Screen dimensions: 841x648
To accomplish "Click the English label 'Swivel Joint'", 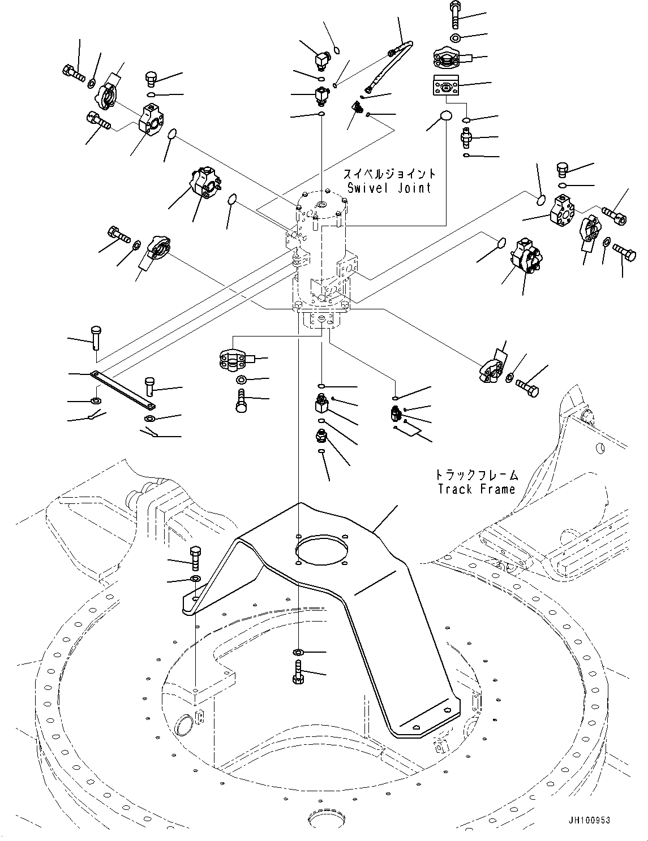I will [389, 188].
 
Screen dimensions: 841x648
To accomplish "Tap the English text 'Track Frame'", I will [477, 489].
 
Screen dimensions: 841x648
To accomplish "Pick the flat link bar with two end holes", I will [123, 390].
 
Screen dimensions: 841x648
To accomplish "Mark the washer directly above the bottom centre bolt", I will [299, 653].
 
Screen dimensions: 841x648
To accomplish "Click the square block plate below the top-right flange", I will [444, 87].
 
